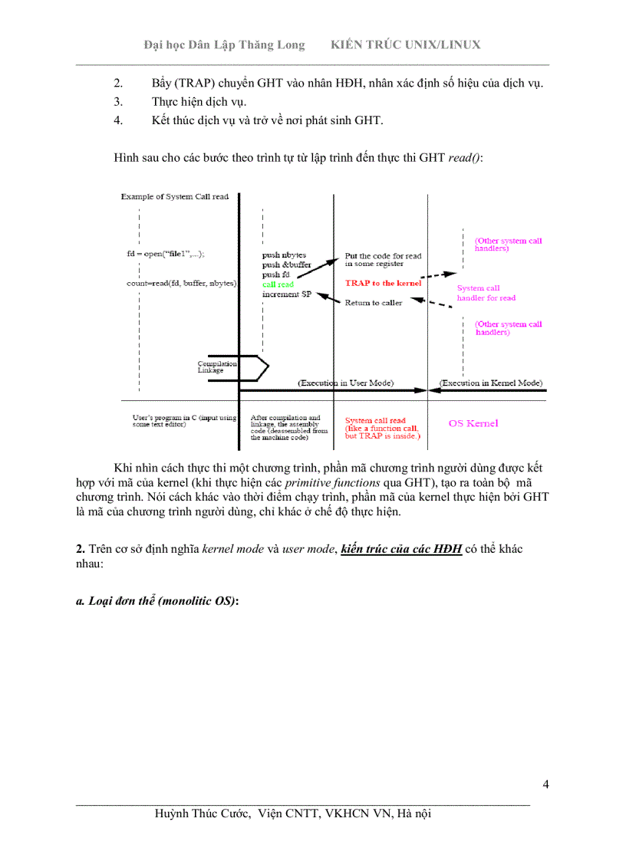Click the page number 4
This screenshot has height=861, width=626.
(545, 784)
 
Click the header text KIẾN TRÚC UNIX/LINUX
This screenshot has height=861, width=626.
(405, 44)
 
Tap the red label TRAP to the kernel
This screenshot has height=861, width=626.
(383, 283)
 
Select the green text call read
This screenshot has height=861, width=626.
(278, 284)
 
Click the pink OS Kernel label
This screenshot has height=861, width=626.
(473, 423)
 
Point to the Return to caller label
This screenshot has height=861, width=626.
(374, 303)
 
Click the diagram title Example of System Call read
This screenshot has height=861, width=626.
(175, 197)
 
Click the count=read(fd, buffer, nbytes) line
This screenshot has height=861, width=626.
(182, 284)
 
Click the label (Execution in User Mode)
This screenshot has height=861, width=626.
(345, 383)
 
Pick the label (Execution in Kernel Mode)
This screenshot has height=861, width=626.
(491, 383)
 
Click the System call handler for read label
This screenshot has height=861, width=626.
(486, 293)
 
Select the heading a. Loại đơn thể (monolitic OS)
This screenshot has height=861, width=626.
(157, 601)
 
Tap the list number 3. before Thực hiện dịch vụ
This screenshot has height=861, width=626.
(118, 101)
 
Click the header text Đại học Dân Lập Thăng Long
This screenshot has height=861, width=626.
(224, 44)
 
